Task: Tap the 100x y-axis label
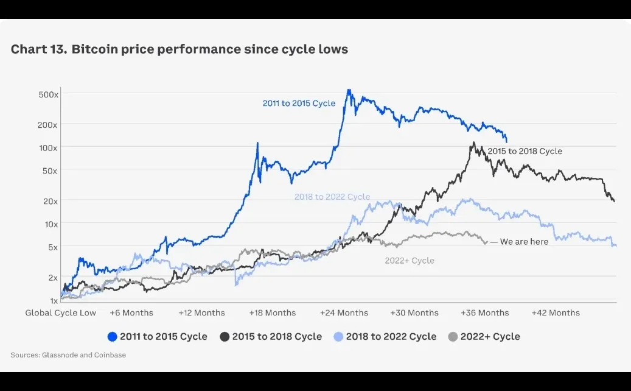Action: [x=47, y=147]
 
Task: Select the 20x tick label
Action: [x=49, y=201]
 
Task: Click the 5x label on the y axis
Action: [x=51, y=247]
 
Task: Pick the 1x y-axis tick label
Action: [x=53, y=300]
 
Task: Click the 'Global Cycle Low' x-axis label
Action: [x=61, y=312]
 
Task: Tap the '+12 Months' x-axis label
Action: [x=201, y=312]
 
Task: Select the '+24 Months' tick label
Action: [x=344, y=312]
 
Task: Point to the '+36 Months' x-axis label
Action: [x=485, y=312]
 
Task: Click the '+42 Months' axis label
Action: [x=556, y=312]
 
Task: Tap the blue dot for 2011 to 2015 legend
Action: [x=112, y=337]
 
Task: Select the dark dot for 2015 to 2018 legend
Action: [x=225, y=337]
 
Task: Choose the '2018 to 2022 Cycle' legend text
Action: [x=391, y=337]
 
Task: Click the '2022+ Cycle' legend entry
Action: [x=490, y=337]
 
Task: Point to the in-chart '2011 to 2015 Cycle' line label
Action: [x=299, y=104]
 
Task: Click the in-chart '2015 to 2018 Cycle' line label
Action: [x=525, y=151]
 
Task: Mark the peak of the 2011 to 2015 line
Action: [x=349, y=91]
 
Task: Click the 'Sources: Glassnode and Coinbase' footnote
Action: [x=68, y=354]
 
